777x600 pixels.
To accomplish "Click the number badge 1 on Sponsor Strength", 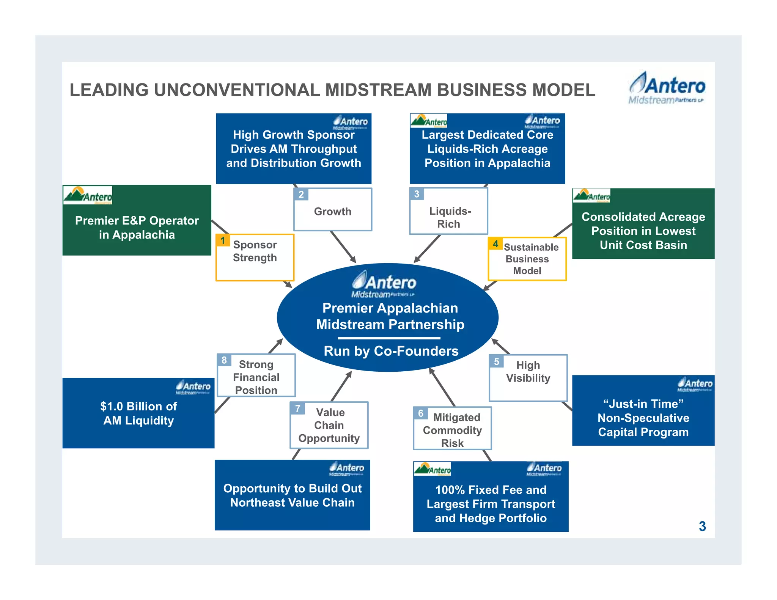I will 223,240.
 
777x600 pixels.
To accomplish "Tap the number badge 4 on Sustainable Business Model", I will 495,244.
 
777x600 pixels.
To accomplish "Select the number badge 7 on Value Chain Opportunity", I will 297,408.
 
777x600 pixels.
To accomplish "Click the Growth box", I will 333,210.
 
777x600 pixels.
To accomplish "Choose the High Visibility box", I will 528,377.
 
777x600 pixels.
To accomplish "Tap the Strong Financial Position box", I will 256,377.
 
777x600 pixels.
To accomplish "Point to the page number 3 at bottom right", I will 702,526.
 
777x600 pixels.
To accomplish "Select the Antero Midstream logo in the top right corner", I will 667,88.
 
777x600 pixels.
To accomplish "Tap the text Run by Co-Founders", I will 391,351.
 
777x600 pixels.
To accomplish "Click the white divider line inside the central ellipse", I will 389,338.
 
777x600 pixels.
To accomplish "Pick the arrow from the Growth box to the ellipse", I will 343,247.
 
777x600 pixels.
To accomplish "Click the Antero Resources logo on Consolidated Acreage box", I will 591,196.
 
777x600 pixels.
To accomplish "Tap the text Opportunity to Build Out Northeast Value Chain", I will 292,495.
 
